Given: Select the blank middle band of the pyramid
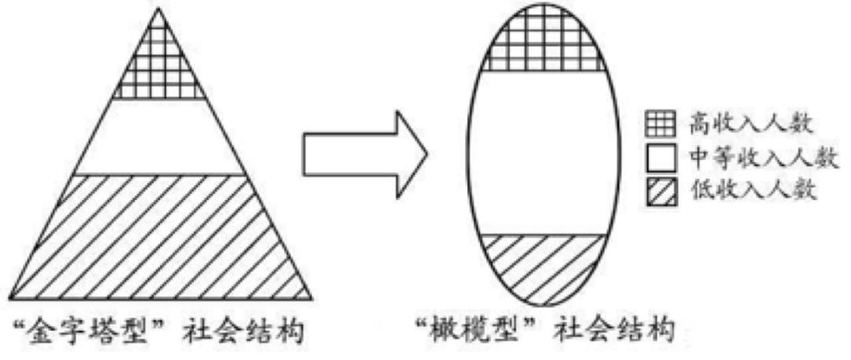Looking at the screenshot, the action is tap(159, 137).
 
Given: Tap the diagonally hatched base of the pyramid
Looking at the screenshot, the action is tap(161, 237).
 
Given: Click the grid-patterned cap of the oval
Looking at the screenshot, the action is tap(543, 41).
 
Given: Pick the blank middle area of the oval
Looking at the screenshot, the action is tap(543, 153).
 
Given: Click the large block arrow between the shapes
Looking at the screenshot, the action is tap(365, 154).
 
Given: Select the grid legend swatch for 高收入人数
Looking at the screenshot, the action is tap(660, 124).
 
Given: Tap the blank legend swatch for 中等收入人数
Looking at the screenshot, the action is tap(660, 158).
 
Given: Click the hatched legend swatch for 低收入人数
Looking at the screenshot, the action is tap(660, 191).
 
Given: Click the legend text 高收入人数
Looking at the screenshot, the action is tap(751, 125).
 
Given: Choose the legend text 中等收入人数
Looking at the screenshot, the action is tap(765, 158).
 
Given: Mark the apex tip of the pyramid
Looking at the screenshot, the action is tap(158, 8).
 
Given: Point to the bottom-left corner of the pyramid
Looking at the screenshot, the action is tap(10, 299).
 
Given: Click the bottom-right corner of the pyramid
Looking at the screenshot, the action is tap(311, 299).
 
